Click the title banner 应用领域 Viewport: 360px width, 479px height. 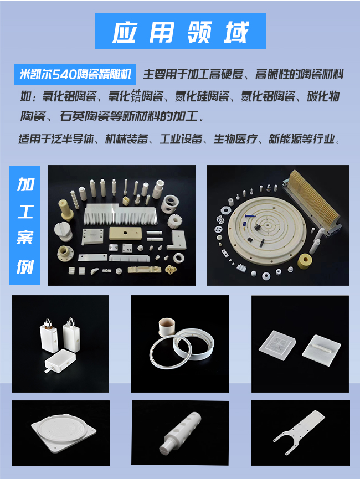(181, 30)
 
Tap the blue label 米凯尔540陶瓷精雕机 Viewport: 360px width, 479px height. (75, 74)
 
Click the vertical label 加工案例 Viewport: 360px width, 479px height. (25, 225)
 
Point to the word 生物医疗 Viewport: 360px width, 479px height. (235, 140)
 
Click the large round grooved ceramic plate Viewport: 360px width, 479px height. (267, 233)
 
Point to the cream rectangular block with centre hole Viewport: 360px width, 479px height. (125, 233)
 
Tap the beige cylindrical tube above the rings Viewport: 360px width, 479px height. (167, 327)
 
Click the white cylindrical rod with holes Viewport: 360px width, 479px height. (181, 432)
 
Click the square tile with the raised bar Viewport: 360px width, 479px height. (321, 349)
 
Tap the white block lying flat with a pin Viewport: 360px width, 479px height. (60, 360)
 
